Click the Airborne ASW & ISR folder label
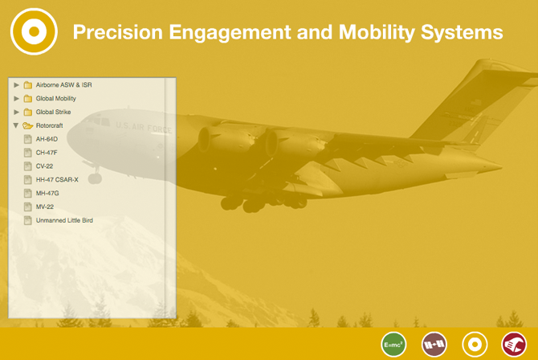click(63, 85)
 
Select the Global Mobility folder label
click(56, 99)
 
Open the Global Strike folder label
click(53, 112)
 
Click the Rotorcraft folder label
click(50, 125)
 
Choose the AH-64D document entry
click(47, 139)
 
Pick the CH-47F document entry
click(47, 153)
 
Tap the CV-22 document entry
click(45, 166)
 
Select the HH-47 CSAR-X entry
click(57, 180)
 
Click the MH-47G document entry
click(47, 193)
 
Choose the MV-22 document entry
click(45, 207)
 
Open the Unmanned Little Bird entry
click(64, 220)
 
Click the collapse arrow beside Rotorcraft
click(16, 125)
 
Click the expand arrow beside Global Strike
click(16, 112)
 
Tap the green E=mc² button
click(393, 345)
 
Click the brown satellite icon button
click(434, 345)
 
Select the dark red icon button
click(514, 345)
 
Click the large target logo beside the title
click(34, 31)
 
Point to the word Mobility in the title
click(377, 32)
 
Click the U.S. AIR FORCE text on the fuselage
click(144, 127)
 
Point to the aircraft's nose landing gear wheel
click(95, 178)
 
